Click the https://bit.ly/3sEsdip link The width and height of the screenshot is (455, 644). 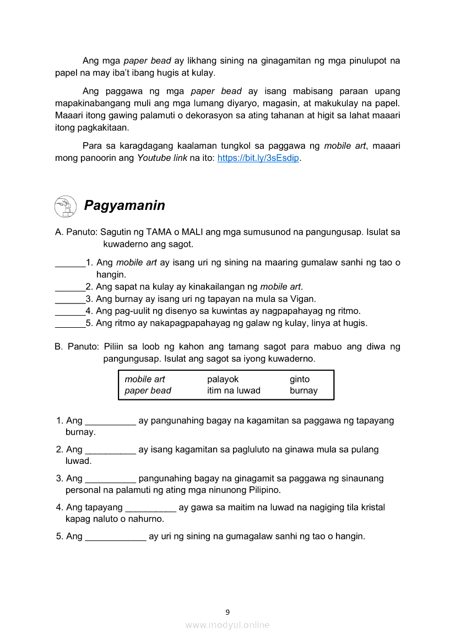pos(258,158)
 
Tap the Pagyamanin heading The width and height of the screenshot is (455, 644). pos(124,205)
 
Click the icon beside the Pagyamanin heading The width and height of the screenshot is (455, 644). pos(66,206)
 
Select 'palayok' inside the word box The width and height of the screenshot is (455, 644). pos(223,379)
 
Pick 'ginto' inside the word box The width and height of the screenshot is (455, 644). pos(300,379)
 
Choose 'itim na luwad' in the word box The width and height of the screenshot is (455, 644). pos(234,391)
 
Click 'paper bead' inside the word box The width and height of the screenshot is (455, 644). pos(148,391)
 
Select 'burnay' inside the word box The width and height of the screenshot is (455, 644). pos(304,391)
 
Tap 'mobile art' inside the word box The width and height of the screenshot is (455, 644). pos(145,379)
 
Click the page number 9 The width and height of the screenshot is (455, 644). pos(227,611)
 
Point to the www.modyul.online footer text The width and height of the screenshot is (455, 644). pos(227,625)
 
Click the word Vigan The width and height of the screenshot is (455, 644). pos(304,299)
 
